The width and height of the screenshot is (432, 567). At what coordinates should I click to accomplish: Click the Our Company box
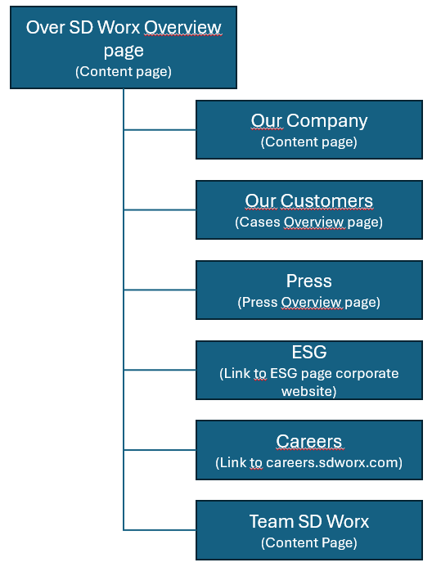tap(309, 129)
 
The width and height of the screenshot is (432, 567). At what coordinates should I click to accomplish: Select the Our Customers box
tap(309, 209)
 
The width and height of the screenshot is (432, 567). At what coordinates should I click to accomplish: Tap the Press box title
tap(309, 281)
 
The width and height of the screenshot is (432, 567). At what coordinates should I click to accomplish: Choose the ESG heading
tap(309, 352)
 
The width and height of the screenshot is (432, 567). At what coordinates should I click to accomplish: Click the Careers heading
tap(309, 442)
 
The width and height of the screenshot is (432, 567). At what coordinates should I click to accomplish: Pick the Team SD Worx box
tap(309, 530)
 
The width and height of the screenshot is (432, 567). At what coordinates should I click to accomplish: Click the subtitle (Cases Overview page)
tap(309, 222)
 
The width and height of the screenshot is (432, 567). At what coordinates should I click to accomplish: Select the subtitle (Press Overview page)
tap(309, 302)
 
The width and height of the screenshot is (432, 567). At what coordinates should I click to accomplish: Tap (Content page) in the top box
tap(124, 72)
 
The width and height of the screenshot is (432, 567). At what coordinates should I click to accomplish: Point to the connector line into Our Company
tap(160, 129)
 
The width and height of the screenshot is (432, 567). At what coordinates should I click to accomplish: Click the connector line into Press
tap(160, 290)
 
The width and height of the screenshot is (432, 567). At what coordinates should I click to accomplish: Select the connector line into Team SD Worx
tap(160, 530)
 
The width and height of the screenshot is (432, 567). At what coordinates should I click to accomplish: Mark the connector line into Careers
tap(160, 450)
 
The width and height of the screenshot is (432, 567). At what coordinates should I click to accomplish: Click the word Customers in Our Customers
tap(326, 201)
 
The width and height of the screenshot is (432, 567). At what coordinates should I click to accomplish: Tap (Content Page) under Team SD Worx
tap(309, 542)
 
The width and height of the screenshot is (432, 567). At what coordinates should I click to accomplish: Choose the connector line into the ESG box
tap(160, 370)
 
